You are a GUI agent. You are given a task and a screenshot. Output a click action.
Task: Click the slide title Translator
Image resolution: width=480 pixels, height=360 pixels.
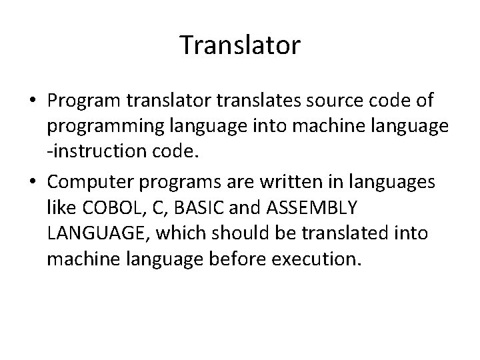click(x=240, y=46)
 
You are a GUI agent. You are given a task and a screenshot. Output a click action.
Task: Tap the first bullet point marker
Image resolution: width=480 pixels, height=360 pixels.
click(x=33, y=101)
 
